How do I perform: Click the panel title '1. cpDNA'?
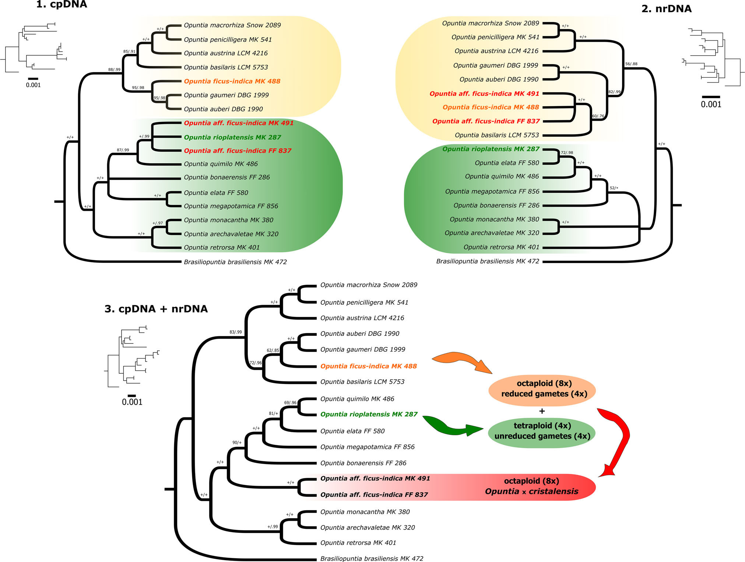[x=62, y=4]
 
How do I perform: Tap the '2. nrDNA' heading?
[x=667, y=9]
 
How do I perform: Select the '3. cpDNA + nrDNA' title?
[x=156, y=309]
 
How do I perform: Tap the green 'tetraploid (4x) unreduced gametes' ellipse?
[x=542, y=432]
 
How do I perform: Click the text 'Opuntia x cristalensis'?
[x=531, y=492]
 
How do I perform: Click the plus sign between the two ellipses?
[x=542, y=411]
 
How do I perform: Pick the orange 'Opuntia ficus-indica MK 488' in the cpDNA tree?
[x=232, y=81]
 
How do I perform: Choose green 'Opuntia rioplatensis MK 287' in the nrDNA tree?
[x=491, y=149]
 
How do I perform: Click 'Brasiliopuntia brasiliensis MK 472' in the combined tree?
[x=372, y=558]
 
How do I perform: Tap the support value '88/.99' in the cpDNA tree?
[x=114, y=69]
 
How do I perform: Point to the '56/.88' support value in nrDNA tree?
[x=631, y=64]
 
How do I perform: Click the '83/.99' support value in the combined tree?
[x=236, y=332]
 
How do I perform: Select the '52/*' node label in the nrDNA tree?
[x=614, y=188]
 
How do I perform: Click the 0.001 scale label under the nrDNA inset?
[x=711, y=104]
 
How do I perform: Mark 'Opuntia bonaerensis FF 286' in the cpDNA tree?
[x=227, y=177]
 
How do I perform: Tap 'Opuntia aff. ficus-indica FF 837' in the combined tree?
[x=374, y=495]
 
